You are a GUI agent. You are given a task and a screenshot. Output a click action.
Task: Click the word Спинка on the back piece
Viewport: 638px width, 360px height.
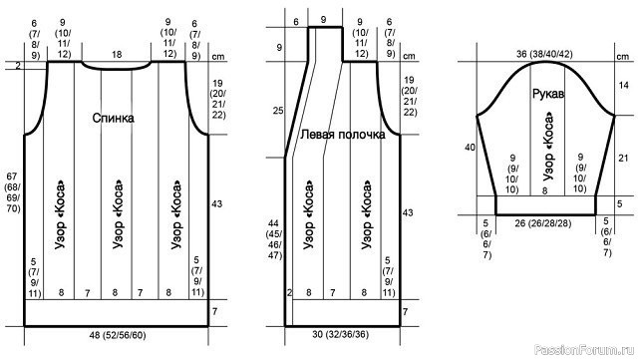tap(113, 118)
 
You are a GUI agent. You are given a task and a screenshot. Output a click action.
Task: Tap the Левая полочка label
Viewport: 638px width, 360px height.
tap(343, 135)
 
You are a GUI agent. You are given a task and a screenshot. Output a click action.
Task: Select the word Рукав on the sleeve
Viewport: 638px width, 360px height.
tap(548, 94)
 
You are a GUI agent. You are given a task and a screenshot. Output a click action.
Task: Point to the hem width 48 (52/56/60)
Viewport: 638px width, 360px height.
tap(118, 335)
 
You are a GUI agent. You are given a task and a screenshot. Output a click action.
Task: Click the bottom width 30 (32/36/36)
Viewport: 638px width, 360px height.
tap(341, 334)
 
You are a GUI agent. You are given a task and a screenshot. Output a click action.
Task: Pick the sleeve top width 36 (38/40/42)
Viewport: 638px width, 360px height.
tap(544, 54)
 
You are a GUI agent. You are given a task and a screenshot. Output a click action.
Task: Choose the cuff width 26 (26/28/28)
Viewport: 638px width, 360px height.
tap(542, 223)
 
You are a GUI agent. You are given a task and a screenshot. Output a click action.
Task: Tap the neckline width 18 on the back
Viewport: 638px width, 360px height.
tap(117, 55)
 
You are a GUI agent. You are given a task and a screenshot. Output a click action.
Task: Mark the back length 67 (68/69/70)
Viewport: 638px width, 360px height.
tap(12, 192)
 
